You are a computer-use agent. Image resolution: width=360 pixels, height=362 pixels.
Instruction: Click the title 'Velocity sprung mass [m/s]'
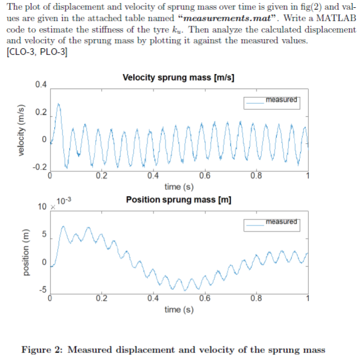[178, 78]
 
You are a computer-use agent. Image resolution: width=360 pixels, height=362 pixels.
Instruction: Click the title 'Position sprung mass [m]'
[179, 200]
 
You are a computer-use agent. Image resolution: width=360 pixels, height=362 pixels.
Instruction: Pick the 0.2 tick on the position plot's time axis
[101, 298]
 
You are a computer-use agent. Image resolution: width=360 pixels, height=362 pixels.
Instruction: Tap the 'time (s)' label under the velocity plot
[178, 187]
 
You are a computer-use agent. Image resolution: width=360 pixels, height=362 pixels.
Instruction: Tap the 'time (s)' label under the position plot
[178, 309]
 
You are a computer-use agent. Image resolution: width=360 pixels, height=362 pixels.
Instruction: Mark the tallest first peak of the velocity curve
[58, 104]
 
